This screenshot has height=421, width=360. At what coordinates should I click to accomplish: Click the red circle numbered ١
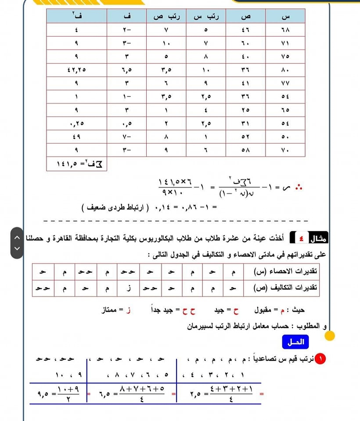[322, 360]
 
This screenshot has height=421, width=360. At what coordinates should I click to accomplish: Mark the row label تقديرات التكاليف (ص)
[286, 288]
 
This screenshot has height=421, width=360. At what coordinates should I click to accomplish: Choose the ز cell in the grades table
[129, 288]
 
